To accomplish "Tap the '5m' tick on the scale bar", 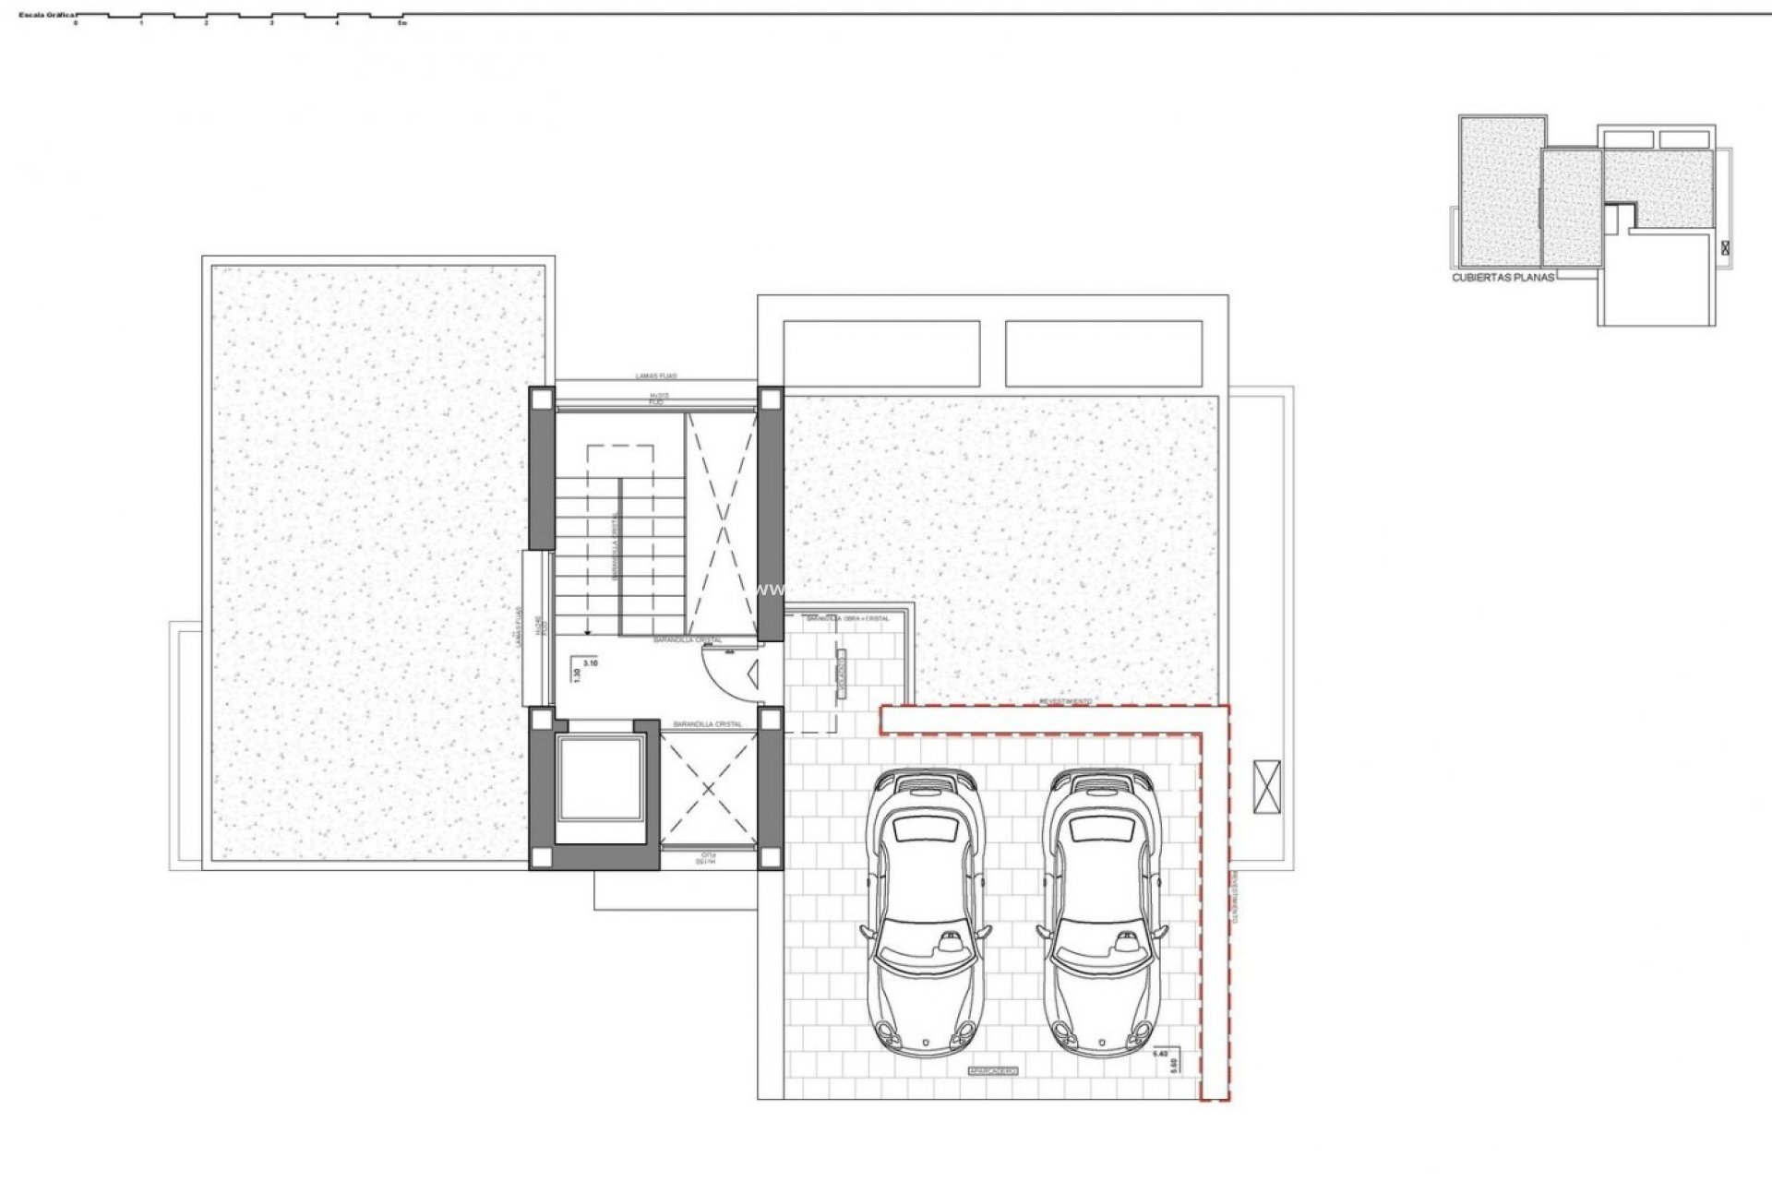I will [401, 23].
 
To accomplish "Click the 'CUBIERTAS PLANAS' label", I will [1503, 277].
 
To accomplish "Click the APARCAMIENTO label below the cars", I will [992, 1071].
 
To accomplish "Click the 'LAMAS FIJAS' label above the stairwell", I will [656, 376].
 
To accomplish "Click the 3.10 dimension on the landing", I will [591, 662].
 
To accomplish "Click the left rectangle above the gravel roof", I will [880, 353].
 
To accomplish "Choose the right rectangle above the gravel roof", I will [1104, 353].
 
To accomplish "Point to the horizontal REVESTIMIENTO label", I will [1066, 702].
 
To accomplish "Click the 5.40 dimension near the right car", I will [1162, 1052].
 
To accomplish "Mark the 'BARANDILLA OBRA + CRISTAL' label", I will [847, 619].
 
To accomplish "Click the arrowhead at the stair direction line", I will [588, 631].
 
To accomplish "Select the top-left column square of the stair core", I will [542, 399].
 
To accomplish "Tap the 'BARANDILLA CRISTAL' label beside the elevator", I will [708, 724].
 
